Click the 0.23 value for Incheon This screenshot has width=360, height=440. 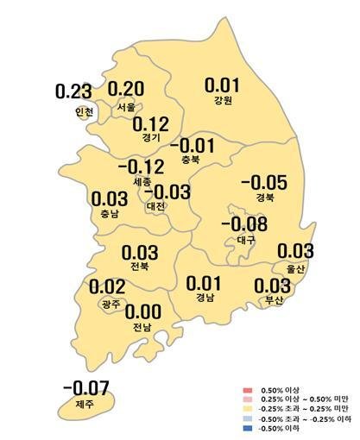73,91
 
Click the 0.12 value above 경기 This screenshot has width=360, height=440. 152,123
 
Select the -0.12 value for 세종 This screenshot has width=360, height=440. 139,166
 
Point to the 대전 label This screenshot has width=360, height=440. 157,207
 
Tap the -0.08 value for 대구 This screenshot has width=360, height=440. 244,224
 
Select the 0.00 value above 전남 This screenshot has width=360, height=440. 143,311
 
